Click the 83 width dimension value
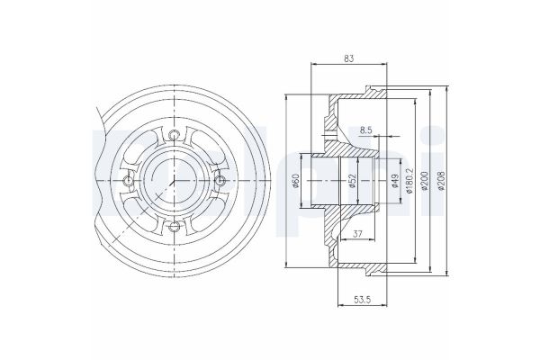(x=349, y=58)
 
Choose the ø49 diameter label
(x=397, y=181)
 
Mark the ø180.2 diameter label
(x=409, y=181)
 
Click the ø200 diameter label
(x=426, y=181)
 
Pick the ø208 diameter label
(x=441, y=181)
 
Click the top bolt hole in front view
(x=174, y=137)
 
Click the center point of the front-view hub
(x=173, y=181)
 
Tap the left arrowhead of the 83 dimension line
(x=311, y=65)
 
